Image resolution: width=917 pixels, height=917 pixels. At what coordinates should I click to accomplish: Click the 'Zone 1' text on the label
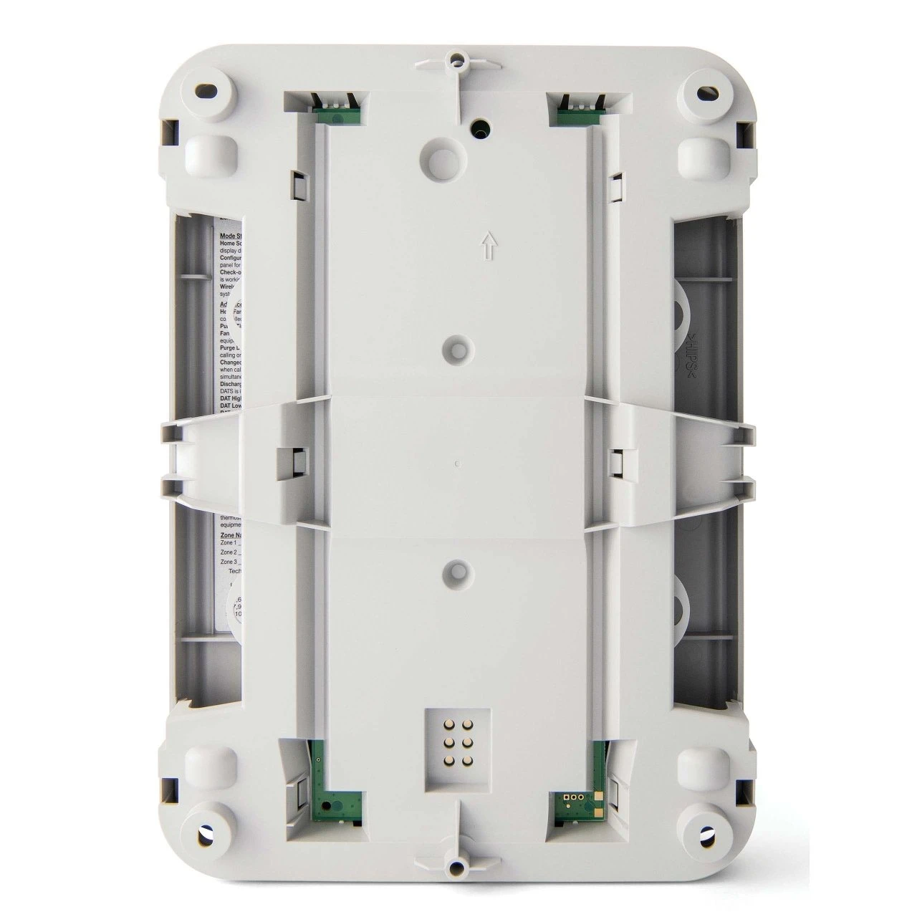[229, 544]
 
